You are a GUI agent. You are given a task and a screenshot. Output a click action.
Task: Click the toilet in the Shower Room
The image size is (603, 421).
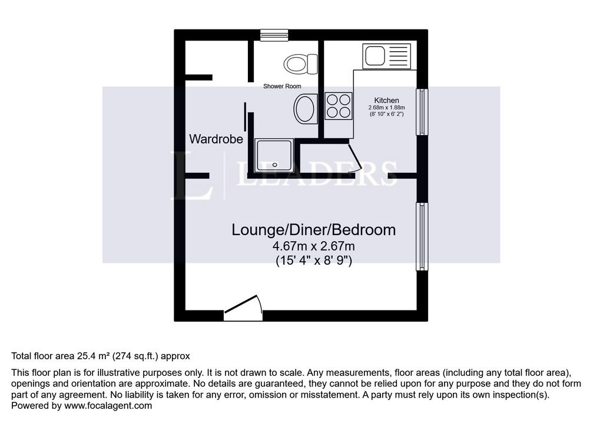click(301, 64)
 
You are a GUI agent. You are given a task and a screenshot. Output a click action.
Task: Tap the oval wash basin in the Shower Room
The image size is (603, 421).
click(306, 109)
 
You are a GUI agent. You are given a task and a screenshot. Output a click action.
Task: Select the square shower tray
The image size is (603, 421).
click(274, 156)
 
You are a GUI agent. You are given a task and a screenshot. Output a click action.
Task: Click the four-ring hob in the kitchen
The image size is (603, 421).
click(339, 106)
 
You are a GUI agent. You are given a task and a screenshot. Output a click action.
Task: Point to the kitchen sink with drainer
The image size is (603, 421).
click(386, 56)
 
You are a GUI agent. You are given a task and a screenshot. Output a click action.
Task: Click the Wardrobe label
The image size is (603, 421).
click(216, 139)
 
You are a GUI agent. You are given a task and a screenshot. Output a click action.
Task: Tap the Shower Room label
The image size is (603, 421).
click(282, 86)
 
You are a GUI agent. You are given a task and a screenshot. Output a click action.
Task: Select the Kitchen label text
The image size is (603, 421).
click(386, 101)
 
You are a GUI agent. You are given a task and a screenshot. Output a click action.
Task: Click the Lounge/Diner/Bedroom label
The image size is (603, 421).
click(313, 230)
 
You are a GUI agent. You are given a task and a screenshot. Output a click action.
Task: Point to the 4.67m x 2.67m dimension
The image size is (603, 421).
click(314, 246)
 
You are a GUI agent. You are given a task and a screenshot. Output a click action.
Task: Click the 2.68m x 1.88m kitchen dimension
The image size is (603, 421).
click(386, 108)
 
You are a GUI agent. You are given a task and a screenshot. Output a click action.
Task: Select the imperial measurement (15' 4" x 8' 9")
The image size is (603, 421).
click(314, 261)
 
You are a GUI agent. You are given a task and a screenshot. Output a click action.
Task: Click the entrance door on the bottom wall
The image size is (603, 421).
click(243, 308)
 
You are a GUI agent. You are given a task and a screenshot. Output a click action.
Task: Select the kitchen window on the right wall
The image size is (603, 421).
click(422, 112)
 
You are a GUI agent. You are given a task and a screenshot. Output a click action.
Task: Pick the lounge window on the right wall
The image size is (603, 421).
click(422, 236)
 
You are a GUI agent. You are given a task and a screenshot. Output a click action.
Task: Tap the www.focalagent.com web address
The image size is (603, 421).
click(108, 406)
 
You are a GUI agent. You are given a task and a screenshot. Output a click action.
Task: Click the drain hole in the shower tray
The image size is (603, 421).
click(274, 165)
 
